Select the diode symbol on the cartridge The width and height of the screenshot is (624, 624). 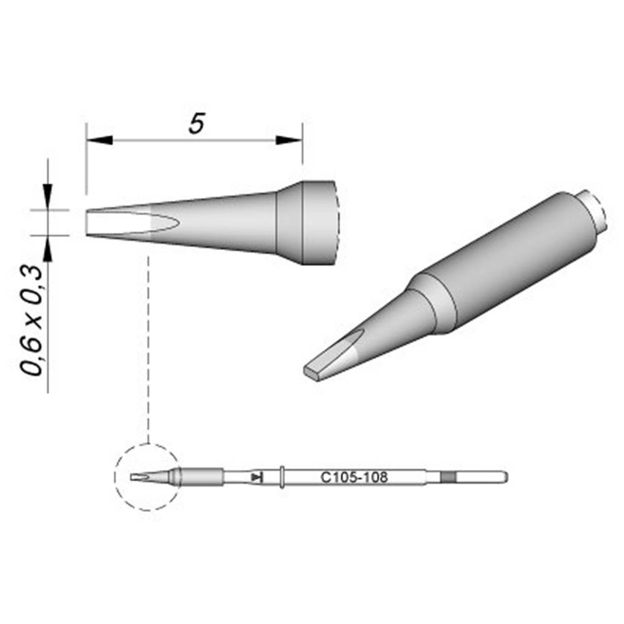(x=256, y=477)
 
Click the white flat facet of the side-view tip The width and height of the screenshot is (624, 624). (x=119, y=223)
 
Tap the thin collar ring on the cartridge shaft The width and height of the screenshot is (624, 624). (x=283, y=477)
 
